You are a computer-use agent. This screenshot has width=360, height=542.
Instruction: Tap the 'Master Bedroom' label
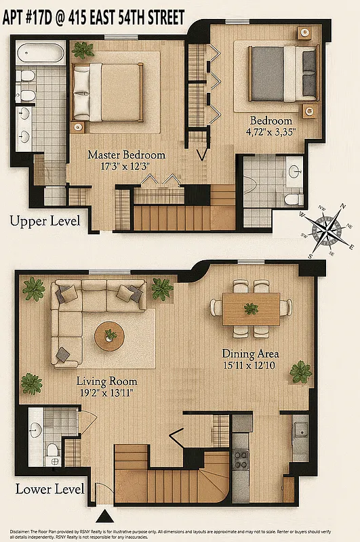(x=126, y=154)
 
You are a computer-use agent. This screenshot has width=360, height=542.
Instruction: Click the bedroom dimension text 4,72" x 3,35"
(x=271, y=133)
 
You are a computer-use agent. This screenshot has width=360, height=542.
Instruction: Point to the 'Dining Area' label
(x=250, y=354)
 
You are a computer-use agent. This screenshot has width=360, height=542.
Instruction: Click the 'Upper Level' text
(x=44, y=221)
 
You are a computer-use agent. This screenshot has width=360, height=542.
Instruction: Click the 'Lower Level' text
(x=49, y=489)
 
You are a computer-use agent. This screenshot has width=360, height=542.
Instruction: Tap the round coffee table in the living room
(x=110, y=336)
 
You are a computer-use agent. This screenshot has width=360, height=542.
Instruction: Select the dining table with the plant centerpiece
(x=251, y=309)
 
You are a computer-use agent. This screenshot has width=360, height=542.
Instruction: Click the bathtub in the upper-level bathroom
(x=41, y=52)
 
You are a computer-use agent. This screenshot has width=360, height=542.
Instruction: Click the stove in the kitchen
(x=241, y=459)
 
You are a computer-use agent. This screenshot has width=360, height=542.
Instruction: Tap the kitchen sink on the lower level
(x=300, y=430)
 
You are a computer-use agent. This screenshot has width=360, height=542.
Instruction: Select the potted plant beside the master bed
(x=83, y=49)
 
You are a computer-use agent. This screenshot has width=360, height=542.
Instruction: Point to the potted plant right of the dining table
(x=300, y=371)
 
